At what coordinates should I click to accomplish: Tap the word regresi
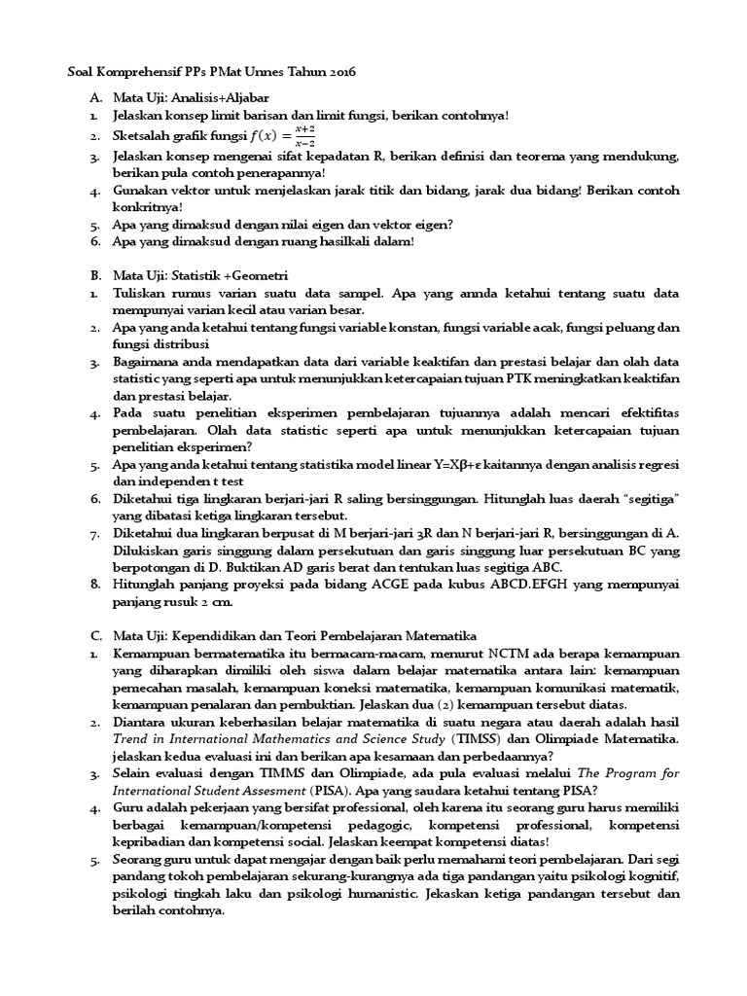pyautogui.click(x=658, y=465)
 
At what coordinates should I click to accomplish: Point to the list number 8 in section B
pyautogui.click(x=95, y=585)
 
